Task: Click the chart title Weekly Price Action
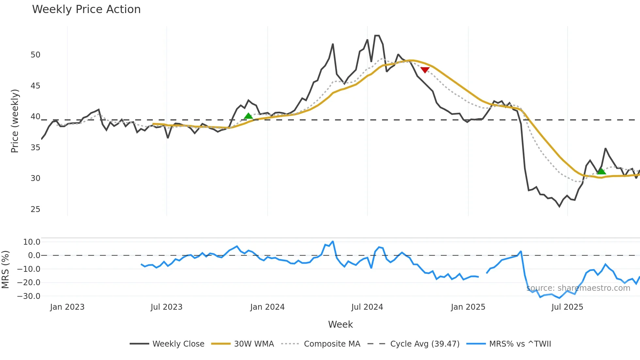[x=86, y=9]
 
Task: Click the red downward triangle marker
[x=425, y=70]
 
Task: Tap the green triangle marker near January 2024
[x=248, y=116]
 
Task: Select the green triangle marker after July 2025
[x=601, y=171]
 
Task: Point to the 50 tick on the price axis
[x=36, y=55]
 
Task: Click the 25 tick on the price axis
[x=36, y=209]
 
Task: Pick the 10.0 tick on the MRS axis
[x=32, y=242]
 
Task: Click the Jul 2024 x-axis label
[x=367, y=307]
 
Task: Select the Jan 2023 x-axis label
[x=67, y=307]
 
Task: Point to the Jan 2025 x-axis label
[x=468, y=307]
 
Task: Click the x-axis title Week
[x=340, y=324]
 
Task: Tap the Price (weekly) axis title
[x=15, y=121]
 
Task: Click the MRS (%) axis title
[x=6, y=270]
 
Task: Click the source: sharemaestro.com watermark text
[x=578, y=288]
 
